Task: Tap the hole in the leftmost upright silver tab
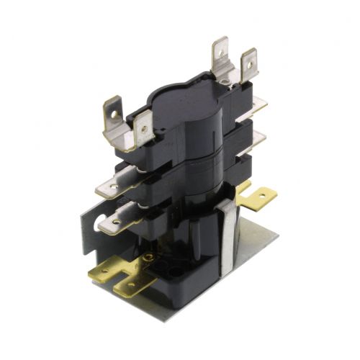pos(113,114)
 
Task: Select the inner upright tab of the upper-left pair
pos(144,130)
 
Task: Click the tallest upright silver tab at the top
pos(219,54)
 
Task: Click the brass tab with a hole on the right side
pos(264,197)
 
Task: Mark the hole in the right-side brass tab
pos(269,194)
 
